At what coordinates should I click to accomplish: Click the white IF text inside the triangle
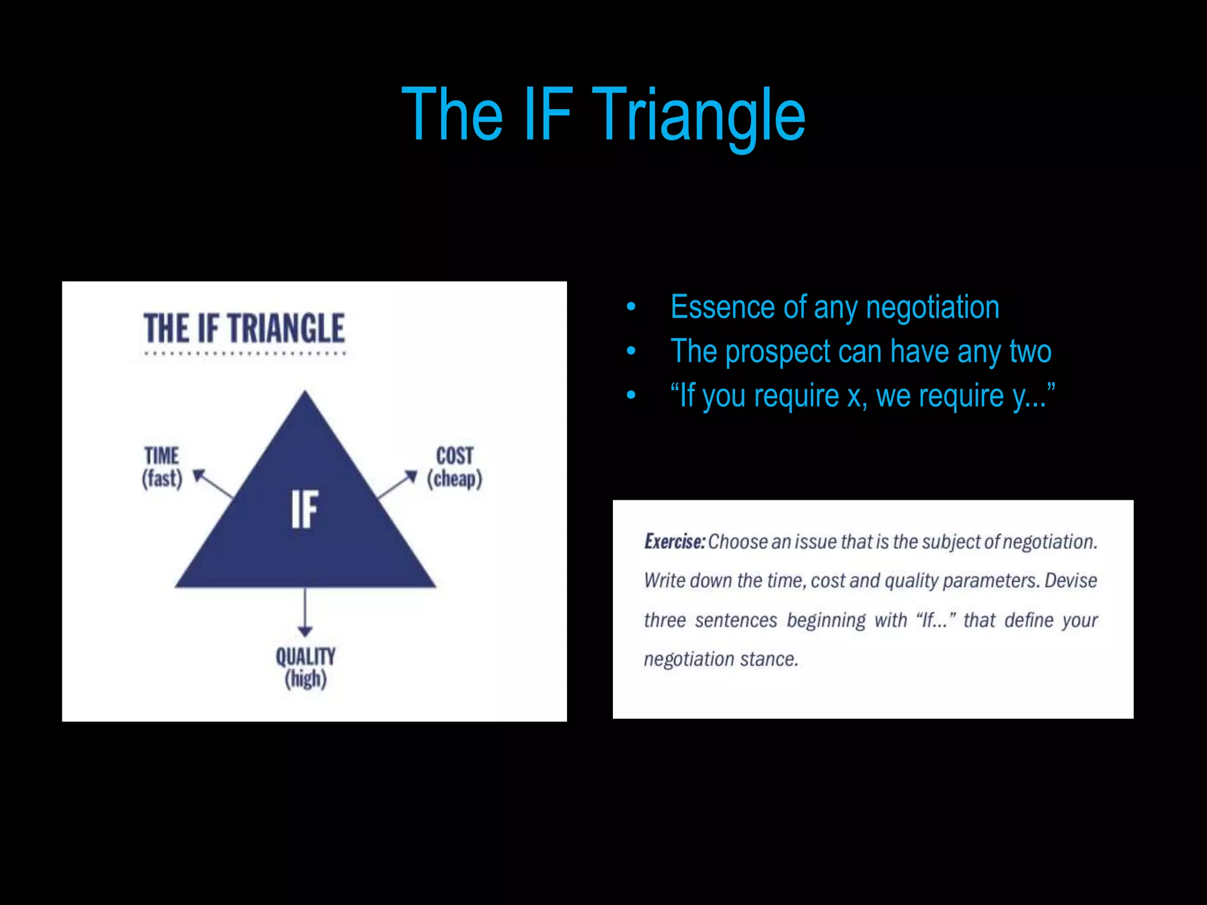point(305,509)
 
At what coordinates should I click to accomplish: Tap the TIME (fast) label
point(162,467)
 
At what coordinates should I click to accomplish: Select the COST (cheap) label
point(454,467)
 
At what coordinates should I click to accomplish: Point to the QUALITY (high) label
point(305,668)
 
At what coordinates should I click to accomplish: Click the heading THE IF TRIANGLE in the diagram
point(244,328)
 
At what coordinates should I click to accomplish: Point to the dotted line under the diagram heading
point(245,354)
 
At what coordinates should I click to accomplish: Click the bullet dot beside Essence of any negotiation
point(631,307)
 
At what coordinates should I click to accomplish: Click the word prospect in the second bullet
point(777,352)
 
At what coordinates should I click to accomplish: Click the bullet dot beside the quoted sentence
point(631,395)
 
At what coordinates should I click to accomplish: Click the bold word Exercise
point(674,541)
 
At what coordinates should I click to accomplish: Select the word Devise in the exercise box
point(1070,580)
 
